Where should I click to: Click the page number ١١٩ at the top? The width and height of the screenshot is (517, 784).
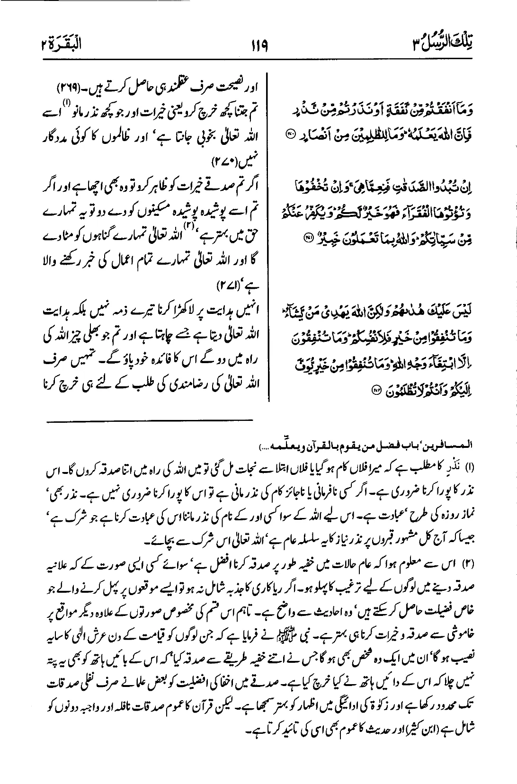[x=258, y=46]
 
